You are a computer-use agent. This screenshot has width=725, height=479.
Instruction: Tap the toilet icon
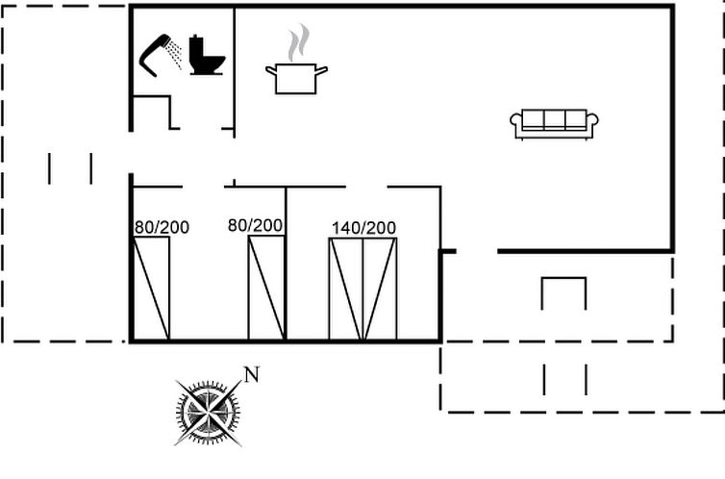(206, 57)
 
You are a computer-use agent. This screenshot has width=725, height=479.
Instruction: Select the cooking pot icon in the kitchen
(296, 78)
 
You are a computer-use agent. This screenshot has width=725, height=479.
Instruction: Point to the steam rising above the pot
(300, 42)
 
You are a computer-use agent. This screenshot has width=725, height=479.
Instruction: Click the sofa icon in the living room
(554, 123)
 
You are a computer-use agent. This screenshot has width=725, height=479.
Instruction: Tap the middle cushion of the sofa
(554, 119)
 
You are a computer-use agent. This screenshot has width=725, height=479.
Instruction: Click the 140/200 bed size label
(363, 228)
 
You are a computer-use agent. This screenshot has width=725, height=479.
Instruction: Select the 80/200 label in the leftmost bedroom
(162, 228)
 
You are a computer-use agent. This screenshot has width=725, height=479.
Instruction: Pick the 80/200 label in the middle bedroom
(255, 225)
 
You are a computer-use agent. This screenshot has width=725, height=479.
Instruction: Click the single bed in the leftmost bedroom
(152, 288)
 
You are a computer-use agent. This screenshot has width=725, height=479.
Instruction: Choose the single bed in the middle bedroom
(266, 288)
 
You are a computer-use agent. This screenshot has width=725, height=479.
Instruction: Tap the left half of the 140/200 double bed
(346, 289)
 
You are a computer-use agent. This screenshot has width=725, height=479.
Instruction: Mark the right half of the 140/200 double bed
(380, 289)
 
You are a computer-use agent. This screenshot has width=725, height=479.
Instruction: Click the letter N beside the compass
(252, 375)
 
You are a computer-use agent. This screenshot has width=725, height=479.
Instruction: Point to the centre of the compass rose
(208, 412)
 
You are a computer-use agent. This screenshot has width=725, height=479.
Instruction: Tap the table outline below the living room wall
(563, 291)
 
